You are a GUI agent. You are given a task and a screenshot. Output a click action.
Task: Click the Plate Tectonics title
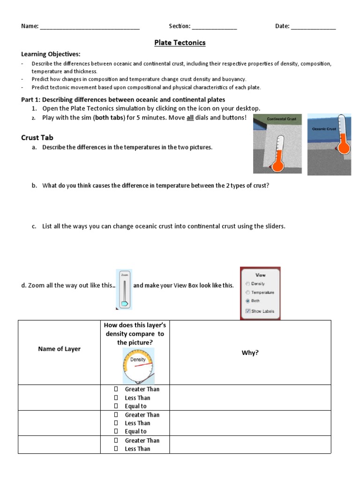pos(180,43)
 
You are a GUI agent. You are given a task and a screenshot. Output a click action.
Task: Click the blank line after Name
pos(90,27)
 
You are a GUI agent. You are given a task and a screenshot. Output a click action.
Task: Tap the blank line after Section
pos(214,27)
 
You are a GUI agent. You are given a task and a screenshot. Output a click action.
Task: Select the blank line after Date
pos(313,27)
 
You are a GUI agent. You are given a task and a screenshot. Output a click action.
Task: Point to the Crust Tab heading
pos(37,137)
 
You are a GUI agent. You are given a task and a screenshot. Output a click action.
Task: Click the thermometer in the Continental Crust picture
pos(278,155)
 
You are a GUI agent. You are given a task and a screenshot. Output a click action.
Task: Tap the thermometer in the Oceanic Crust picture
pos(344,136)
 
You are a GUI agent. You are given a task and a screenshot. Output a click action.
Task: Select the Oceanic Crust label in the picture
pos(324,128)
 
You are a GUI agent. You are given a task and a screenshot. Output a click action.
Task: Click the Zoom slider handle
pos(124,304)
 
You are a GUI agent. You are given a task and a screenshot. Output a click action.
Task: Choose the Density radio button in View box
pos(247,284)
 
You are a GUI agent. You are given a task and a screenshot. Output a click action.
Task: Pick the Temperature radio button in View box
pos(247,292)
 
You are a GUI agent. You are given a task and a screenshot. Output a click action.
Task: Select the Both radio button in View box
pos(247,300)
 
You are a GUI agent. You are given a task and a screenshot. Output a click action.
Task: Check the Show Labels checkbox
pos(247,311)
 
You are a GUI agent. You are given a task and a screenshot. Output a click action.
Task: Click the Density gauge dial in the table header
pos(137,365)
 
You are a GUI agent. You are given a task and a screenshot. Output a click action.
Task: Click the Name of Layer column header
pos(59,349)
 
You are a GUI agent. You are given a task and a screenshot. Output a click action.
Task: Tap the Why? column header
pos(250,352)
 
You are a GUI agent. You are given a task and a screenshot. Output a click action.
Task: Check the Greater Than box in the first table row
pos(115,389)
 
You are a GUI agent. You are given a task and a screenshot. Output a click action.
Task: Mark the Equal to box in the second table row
pos(115,431)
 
